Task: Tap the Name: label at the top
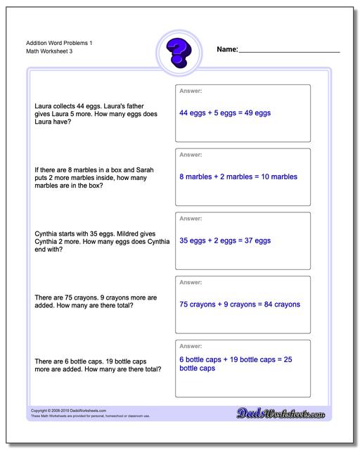pos(228,50)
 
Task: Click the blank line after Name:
pos(289,51)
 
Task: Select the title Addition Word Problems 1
pos(55,43)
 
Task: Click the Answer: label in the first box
pos(191,91)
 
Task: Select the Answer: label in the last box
pos(191,346)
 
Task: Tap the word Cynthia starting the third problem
pos(46,233)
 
